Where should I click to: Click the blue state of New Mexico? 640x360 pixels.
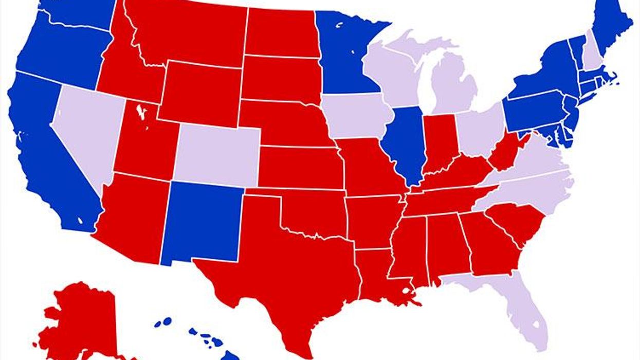203,221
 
